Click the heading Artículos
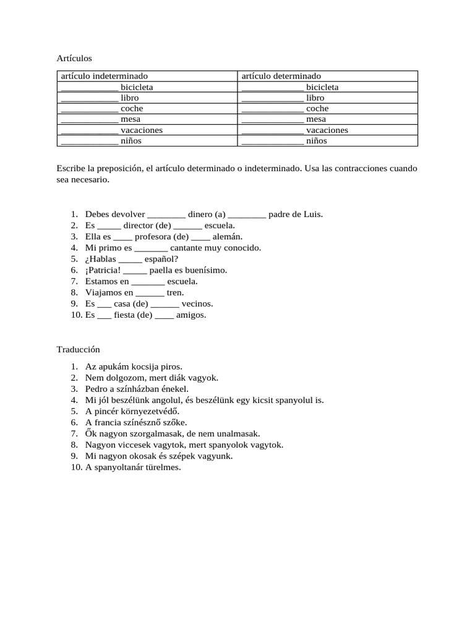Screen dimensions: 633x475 [x=74, y=58]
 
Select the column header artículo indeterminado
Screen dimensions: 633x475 [x=104, y=76]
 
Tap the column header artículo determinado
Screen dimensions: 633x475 [x=281, y=76]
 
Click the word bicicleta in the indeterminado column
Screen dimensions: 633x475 [x=137, y=87]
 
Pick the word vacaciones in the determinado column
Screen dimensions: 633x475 [x=327, y=130]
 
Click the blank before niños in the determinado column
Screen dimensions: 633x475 [x=273, y=142]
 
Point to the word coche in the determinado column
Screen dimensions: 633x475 [x=317, y=109]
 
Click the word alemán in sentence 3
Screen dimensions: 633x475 [x=228, y=237]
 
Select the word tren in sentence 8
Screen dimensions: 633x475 [x=175, y=292]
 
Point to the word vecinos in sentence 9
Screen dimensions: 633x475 [x=197, y=304]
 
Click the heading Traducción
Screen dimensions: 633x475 [x=79, y=349]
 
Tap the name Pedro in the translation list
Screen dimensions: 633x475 [x=97, y=389]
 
